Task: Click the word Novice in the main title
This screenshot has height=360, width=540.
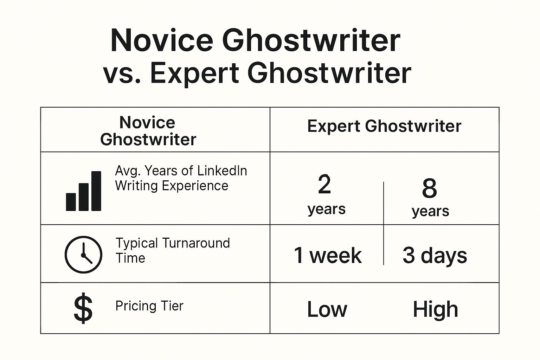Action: [x=162, y=40]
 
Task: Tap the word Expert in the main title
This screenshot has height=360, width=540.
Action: [x=195, y=73]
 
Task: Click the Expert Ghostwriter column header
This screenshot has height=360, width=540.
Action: [x=384, y=126]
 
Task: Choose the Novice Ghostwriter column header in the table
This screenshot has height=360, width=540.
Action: [x=148, y=131]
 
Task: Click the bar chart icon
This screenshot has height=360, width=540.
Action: [x=83, y=191]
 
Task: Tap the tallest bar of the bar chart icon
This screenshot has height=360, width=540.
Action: [x=96, y=191]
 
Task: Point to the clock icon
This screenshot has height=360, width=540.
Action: [x=83, y=255]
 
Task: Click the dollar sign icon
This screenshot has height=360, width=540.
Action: [x=83, y=308]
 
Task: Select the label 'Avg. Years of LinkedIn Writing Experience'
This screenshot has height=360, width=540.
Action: [x=181, y=178]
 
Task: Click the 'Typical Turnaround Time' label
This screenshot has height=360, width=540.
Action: [x=173, y=251]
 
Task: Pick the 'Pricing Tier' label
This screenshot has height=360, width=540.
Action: [x=149, y=306]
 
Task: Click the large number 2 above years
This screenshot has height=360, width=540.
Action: [x=324, y=185]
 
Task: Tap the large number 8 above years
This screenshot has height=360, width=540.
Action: [x=430, y=188]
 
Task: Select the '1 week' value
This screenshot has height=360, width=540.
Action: [x=328, y=256]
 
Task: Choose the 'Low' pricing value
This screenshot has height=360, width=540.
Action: [x=327, y=309]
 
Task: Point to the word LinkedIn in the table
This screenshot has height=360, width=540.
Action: [x=222, y=171]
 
